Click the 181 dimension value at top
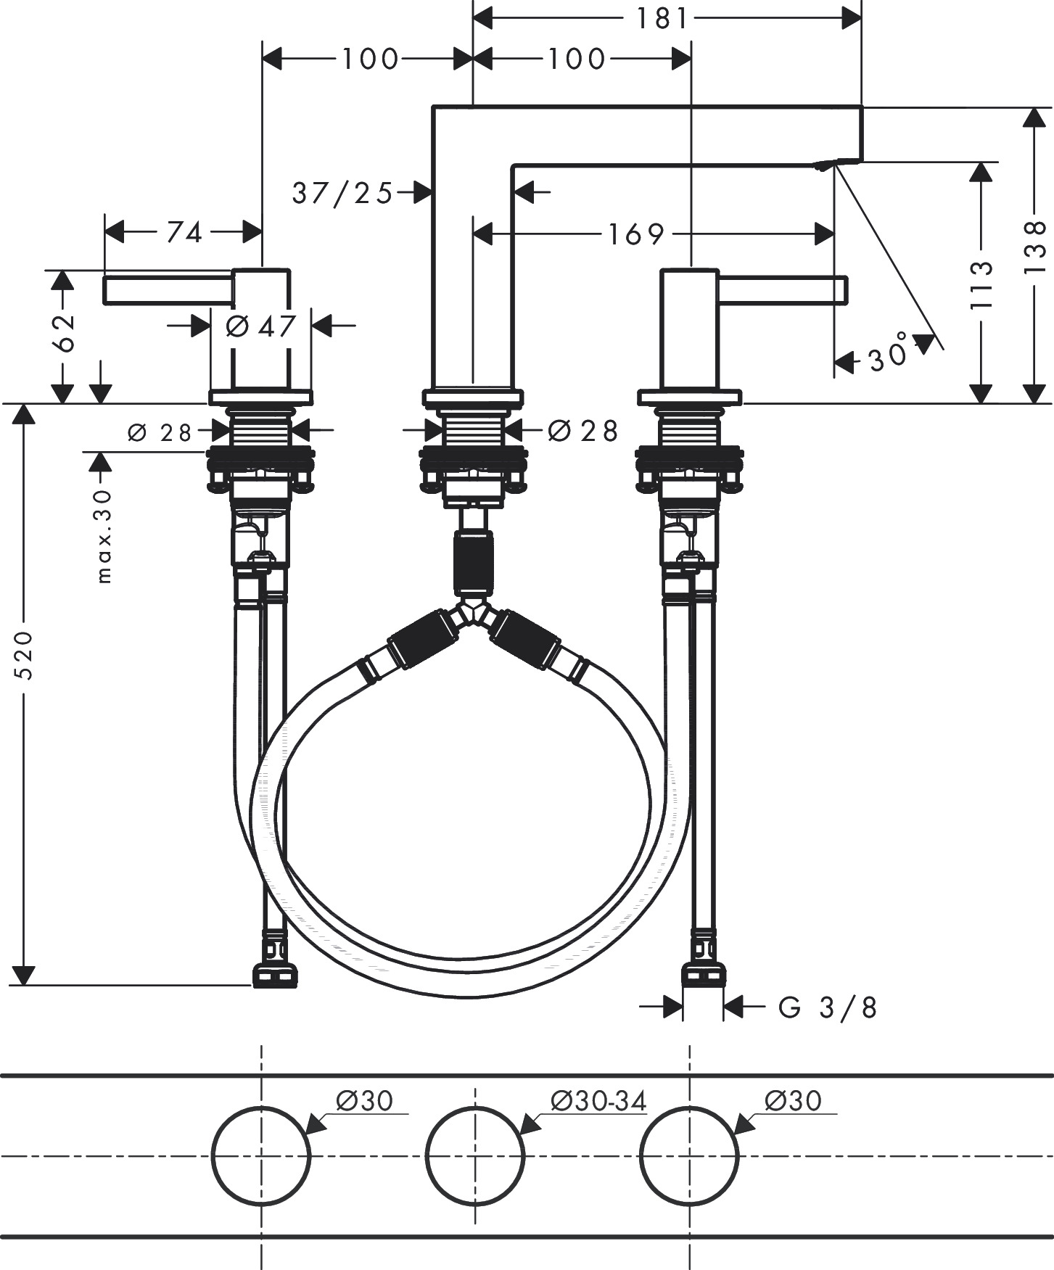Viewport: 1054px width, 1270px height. point(662,18)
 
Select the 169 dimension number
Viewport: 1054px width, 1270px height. point(635,234)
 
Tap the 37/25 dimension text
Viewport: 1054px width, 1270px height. point(342,194)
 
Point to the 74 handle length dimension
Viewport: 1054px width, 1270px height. point(184,233)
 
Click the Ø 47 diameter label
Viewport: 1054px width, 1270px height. point(261,326)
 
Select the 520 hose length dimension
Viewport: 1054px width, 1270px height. point(24,655)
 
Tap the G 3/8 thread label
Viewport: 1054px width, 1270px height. point(827,1007)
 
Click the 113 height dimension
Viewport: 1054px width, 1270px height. point(981,285)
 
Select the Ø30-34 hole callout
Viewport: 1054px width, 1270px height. point(598,1101)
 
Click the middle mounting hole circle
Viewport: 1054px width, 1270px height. point(474,1155)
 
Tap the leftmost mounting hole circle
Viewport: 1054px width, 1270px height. point(261,1155)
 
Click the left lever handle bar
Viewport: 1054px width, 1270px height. point(168,289)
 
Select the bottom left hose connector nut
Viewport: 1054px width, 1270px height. point(275,976)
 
